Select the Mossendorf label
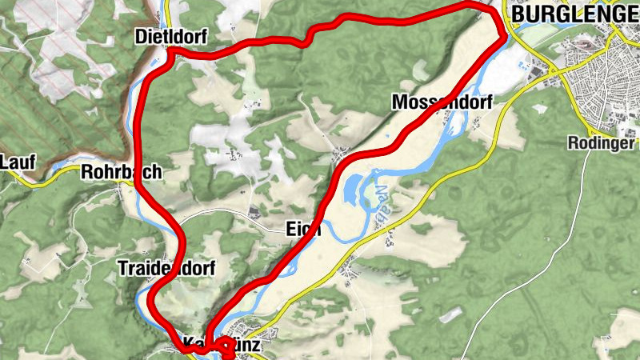pyautogui.click(x=441, y=102)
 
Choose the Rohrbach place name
pyautogui.click(x=122, y=171)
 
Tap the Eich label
pyautogui.click(x=302, y=230)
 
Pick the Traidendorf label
pyautogui.click(x=166, y=267)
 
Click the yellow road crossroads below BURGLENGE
pyautogui.click(x=551, y=74)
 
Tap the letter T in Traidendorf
pyautogui.click(x=121, y=267)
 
